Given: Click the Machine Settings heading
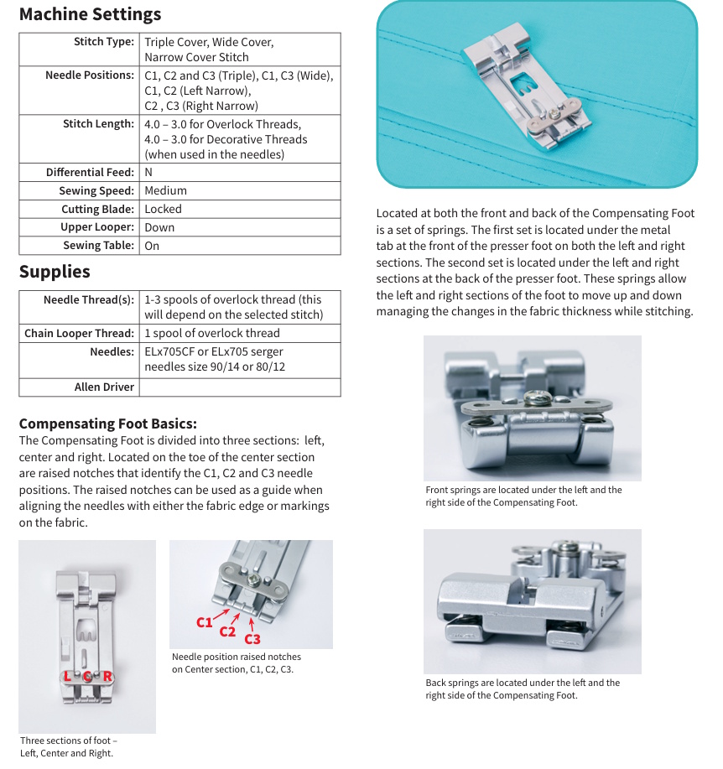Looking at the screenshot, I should coord(90,14).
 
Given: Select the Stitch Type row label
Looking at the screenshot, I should coord(103,42).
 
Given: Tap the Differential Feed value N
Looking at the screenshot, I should coord(148,173).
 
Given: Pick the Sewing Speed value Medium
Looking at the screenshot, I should coord(165,191).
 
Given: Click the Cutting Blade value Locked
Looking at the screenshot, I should coord(163,210).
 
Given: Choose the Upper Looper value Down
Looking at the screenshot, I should coord(159,228).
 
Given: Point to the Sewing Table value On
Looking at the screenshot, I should coord(152,247).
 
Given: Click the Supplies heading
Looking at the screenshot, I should coord(55,272).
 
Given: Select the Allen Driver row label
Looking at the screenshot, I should coord(104,387).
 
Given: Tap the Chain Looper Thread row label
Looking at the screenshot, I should coord(79,334).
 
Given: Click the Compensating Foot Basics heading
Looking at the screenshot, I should coord(108,423).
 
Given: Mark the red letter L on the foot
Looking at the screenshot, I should coord(67,677).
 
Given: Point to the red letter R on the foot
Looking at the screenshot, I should coord(107,677).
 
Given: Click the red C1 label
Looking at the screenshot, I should coord(205,622).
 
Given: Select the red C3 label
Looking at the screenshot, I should coord(252,639).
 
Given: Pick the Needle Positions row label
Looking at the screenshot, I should coord(90,75).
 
